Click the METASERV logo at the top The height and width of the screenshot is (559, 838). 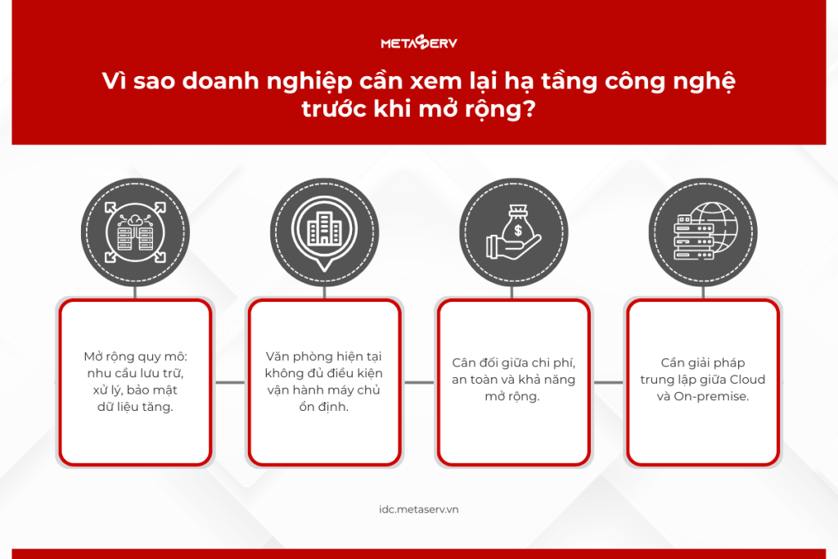(419, 43)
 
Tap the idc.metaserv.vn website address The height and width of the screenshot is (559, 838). (419, 509)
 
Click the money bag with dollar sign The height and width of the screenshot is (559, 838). (517, 224)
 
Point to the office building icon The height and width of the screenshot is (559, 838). (324, 228)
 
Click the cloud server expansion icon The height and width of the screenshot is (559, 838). (135, 232)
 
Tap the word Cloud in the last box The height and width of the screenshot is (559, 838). (747, 380)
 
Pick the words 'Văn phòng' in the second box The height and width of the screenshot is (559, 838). (294, 357)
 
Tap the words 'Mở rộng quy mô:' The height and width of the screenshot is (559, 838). (135, 357)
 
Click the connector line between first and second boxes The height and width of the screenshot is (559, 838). (230, 382)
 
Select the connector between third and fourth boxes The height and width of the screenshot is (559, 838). (608, 382)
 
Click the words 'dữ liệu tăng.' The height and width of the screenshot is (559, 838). (135, 408)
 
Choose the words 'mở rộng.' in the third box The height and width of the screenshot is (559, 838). (512, 396)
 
